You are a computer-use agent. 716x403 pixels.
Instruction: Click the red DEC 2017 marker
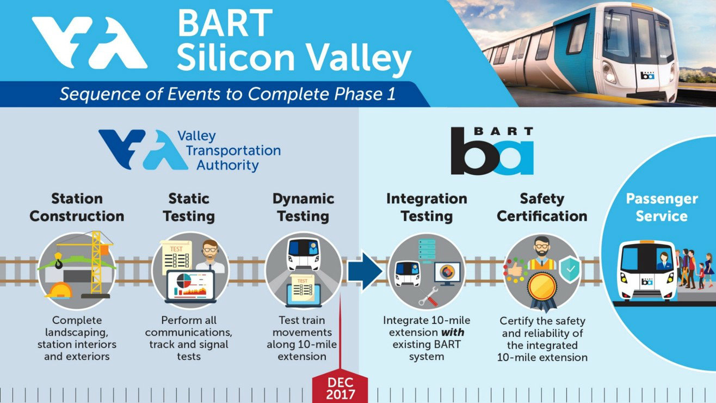340,388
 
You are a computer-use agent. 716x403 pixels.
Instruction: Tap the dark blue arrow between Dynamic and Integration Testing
365,271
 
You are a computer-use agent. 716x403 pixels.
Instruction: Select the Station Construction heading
77,207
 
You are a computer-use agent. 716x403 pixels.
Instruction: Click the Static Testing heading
189,207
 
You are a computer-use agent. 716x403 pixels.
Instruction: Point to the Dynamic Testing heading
303,207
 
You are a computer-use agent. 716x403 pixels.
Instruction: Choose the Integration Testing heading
427,207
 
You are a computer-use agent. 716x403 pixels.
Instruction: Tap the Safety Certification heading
542,207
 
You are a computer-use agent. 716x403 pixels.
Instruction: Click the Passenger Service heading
662,207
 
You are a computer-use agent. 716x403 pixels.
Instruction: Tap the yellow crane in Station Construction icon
96,262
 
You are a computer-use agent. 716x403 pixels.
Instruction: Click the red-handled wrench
428,296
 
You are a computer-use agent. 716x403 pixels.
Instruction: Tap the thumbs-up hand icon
515,270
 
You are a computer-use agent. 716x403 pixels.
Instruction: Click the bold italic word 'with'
453,332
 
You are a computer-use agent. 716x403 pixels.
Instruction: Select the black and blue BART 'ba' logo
492,150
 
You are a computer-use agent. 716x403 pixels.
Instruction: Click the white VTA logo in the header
89,42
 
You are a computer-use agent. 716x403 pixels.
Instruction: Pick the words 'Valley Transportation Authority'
229,150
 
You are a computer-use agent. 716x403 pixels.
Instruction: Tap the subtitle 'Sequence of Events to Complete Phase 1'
227,94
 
